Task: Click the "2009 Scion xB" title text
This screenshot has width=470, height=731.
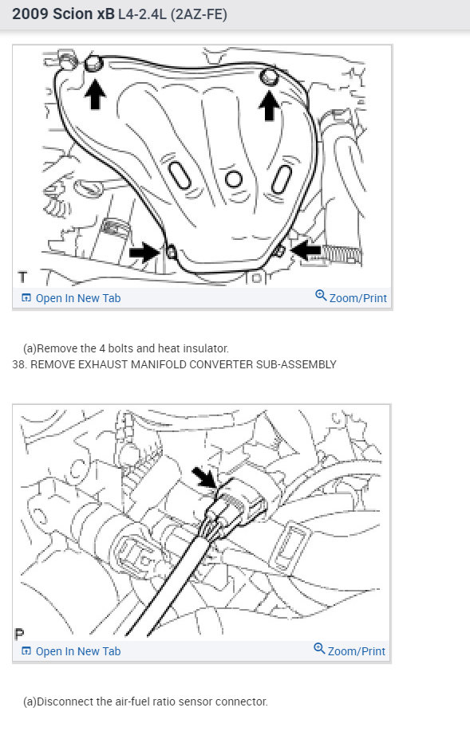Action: pos(63,14)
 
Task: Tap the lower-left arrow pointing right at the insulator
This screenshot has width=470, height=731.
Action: pos(144,252)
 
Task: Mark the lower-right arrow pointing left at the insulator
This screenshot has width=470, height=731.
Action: pos(306,250)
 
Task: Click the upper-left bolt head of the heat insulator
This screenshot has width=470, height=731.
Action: pos(93,63)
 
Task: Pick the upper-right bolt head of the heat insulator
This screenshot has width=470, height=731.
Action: pos(267,77)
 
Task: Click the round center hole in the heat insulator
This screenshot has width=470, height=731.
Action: pos(232,179)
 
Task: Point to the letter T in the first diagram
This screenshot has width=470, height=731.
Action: pos(22,277)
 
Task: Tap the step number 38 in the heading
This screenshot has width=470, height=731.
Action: pos(19,364)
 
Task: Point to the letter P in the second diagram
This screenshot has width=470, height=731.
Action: pos(20,634)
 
